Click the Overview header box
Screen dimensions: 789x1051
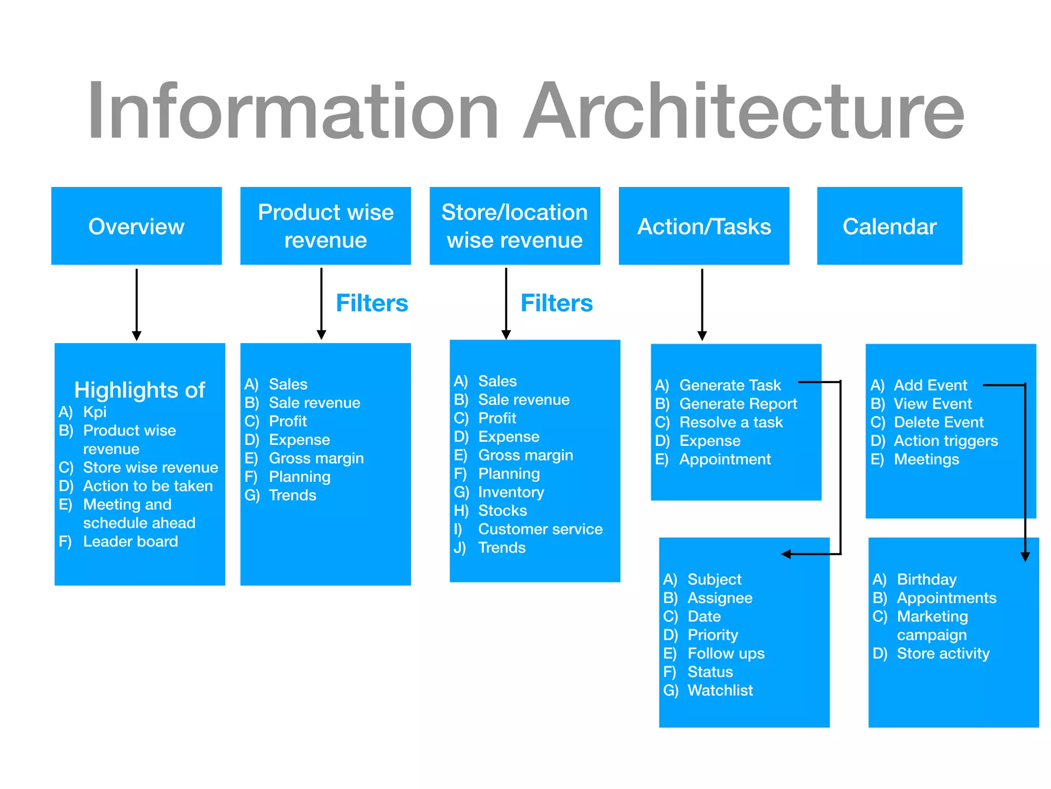tap(137, 226)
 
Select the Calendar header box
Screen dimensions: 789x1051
tap(889, 226)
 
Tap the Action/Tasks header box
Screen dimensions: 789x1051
tap(704, 226)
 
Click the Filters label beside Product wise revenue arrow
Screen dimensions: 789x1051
tap(372, 303)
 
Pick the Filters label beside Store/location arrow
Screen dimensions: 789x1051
tap(556, 303)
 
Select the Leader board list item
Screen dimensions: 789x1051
tap(130, 541)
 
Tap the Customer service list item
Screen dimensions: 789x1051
tap(540, 529)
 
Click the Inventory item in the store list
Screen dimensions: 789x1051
tap(511, 492)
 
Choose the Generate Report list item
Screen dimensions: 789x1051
tap(737, 404)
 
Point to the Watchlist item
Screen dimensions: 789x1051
tap(719, 690)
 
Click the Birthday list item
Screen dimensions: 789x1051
tap(926, 579)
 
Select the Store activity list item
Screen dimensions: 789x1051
tap(943, 653)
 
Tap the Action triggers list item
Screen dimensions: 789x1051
tap(945, 441)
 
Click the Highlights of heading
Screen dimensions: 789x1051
tap(140, 390)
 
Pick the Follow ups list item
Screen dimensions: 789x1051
tap(726, 653)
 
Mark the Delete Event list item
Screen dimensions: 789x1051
tap(938, 422)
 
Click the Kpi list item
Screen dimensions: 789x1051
tap(94, 412)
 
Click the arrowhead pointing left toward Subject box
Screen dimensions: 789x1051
tap(786, 554)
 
